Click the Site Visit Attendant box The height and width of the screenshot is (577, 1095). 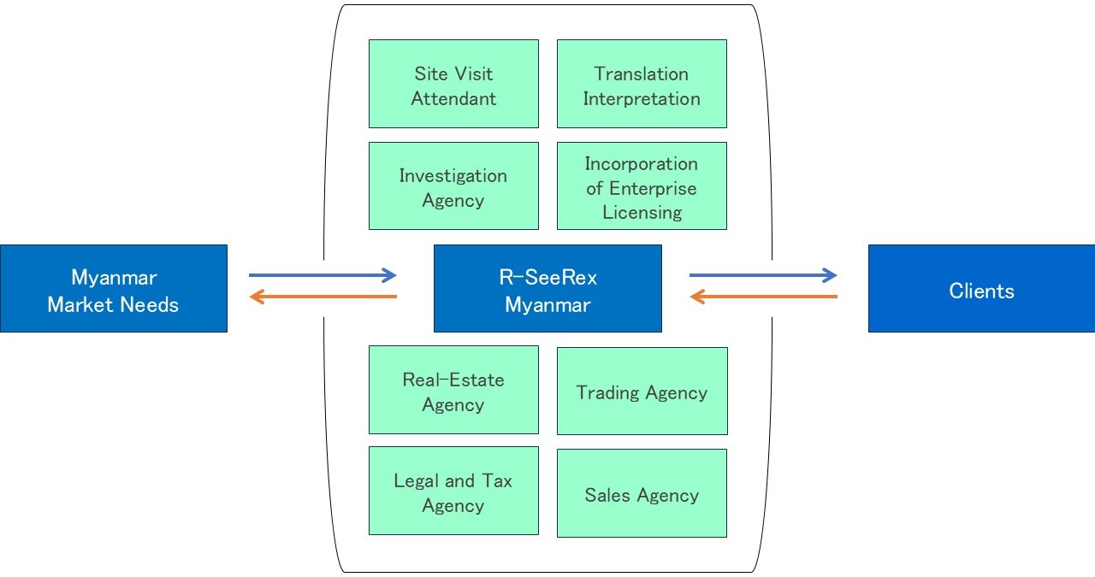453,84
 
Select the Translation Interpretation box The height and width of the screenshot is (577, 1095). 642,84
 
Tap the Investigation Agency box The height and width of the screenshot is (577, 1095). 453,185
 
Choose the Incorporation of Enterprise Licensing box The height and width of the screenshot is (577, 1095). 642,185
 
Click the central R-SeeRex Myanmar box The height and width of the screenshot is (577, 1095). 547,289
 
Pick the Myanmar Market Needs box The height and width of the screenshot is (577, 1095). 113,289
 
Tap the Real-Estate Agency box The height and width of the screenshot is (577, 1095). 453,390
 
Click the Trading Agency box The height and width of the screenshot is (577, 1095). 642,391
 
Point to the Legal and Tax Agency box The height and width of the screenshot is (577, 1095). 453,491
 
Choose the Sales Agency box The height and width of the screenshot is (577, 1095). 642,493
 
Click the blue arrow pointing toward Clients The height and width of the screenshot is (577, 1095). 762,275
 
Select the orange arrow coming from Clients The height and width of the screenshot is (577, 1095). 762,297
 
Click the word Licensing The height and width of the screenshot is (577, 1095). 642,213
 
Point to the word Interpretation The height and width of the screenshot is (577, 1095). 642,99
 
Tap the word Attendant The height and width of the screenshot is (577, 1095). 453,99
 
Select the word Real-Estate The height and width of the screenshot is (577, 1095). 453,380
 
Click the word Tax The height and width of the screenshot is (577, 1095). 496,481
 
